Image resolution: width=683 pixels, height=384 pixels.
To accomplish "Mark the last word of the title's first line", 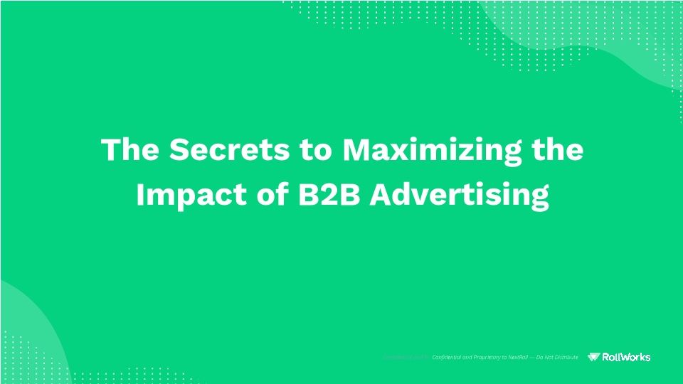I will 558,151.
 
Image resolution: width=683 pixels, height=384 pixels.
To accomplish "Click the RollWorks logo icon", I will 595,357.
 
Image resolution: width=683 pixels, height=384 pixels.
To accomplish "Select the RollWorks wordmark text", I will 627,357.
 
